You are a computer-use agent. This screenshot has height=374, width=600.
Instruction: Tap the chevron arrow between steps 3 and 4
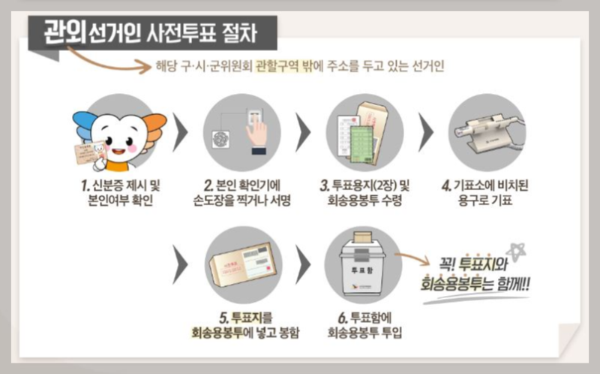(425, 135)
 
